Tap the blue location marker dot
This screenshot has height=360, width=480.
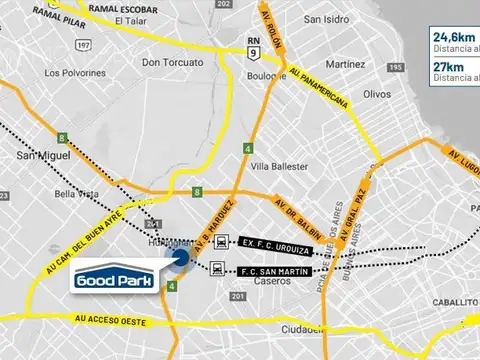(180, 261)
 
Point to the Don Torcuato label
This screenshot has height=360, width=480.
(172, 63)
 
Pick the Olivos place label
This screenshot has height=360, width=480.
(376, 93)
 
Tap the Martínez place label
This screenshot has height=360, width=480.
(345, 64)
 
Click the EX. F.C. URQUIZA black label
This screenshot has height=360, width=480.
(277, 242)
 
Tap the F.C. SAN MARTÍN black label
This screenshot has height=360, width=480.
(277, 271)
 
